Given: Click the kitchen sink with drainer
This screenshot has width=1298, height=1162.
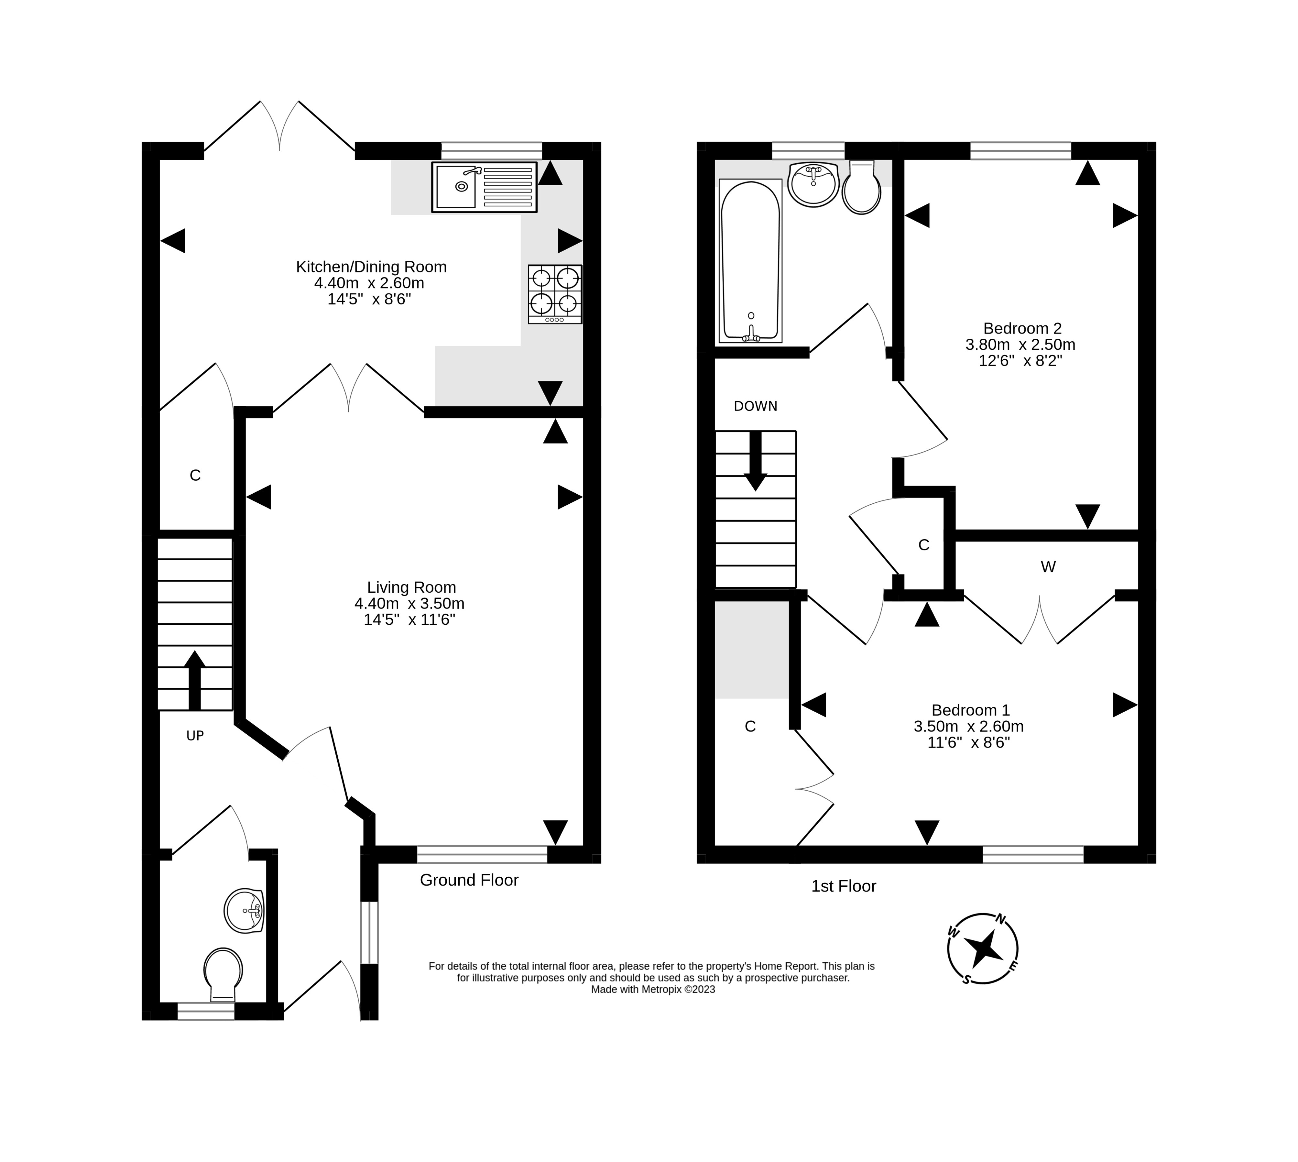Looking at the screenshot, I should [484, 187].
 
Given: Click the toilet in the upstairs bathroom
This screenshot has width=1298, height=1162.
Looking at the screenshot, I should [861, 188].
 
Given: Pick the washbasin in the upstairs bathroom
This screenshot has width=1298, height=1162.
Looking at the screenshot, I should [813, 184].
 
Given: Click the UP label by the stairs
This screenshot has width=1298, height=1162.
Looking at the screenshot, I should [195, 736].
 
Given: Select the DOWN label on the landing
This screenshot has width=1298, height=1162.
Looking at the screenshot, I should [755, 406].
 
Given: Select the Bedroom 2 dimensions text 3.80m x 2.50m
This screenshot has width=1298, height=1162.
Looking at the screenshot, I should [1020, 345].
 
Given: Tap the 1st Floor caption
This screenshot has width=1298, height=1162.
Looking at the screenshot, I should [843, 886].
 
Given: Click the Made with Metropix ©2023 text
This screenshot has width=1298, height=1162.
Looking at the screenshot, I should [652, 990].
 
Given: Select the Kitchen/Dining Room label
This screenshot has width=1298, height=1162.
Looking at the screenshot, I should [371, 267].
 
